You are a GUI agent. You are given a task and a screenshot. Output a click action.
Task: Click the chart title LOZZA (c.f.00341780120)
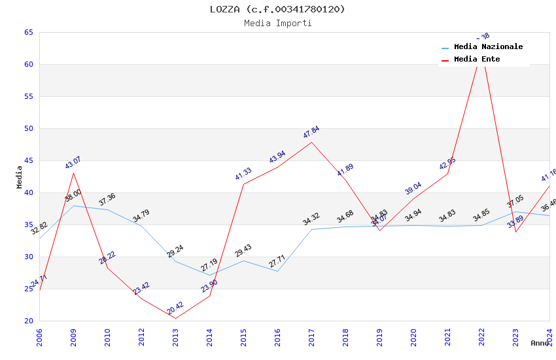[277, 9]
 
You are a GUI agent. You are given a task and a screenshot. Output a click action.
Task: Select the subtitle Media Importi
[277, 24]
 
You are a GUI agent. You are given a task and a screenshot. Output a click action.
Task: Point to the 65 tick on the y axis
[29, 33]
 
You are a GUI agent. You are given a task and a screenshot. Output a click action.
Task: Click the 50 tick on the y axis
[29, 129]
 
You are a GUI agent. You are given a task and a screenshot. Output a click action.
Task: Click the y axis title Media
[20, 177]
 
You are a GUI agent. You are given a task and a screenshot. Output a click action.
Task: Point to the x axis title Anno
[540, 343]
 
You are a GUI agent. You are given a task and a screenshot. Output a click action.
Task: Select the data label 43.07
[73, 163]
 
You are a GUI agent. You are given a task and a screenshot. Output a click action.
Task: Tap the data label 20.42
[175, 308]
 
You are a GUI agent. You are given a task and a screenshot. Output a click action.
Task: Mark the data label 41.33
[243, 174]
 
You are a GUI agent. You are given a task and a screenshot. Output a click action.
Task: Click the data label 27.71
[277, 262]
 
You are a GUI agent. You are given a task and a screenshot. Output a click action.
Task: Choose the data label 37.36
[107, 200]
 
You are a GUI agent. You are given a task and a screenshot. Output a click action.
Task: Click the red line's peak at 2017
[311, 142]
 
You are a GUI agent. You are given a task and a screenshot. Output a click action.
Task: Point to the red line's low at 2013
[175, 319]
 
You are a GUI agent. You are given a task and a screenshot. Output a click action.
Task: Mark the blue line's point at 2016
[277, 272]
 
